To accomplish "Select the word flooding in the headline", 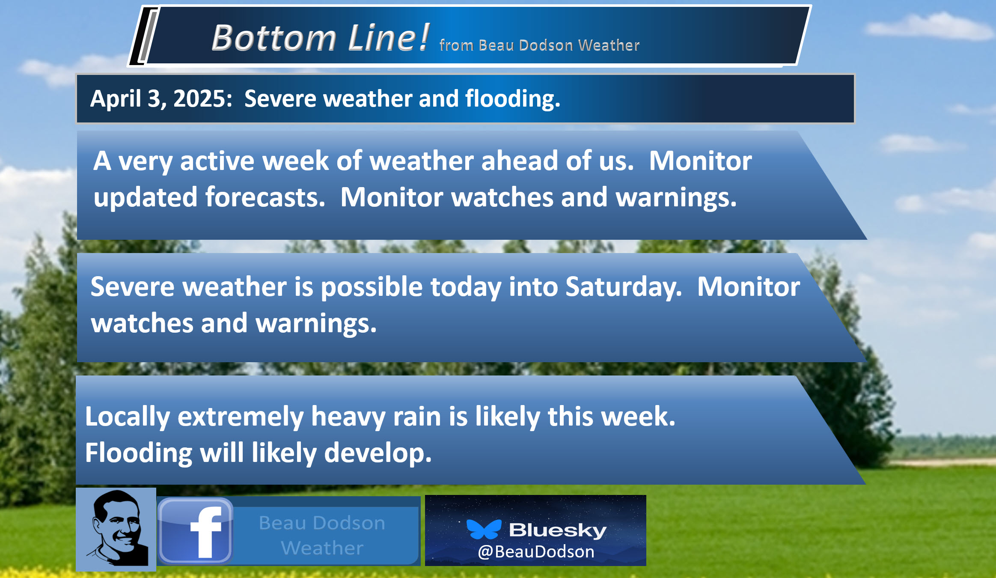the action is [x=512, y=99].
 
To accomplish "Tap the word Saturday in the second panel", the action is [x=623, y=287].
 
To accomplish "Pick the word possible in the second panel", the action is [x=372, y=287].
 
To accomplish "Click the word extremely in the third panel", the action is [x=241, y=417].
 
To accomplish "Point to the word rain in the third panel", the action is [x=417, y=417].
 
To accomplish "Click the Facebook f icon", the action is [x=196, y=530].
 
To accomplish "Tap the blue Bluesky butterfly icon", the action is [x=484, y=530].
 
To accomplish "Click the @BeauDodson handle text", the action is [x=536, y=552].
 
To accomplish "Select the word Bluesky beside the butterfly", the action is [x=558, y=530].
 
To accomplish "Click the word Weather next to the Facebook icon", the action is [x=322, y=548].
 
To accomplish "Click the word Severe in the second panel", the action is [x=132, y=287].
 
